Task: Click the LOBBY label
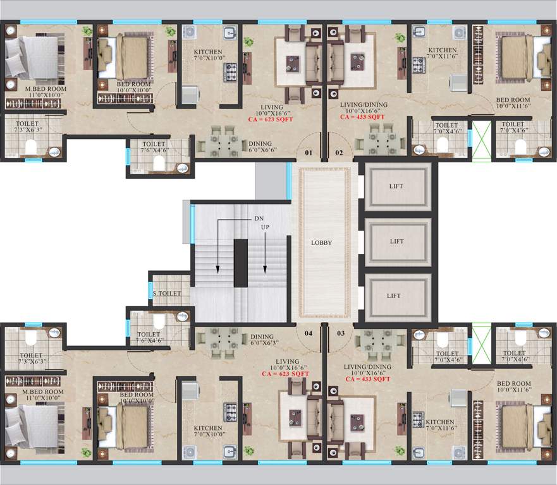click(321, 242)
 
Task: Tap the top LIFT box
click(396, 187)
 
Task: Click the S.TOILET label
click(168, 294)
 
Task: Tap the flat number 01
click(309, 152)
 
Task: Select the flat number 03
click(340, 332)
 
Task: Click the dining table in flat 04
click(218, 341)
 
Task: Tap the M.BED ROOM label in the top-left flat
click(46, 89)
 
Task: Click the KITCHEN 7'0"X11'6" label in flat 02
click(442, 53)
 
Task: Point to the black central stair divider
click(241, 262)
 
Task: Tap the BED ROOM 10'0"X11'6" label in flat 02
click(512, 104)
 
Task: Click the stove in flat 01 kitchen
click(230, 70)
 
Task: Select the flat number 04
click(309, 332)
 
